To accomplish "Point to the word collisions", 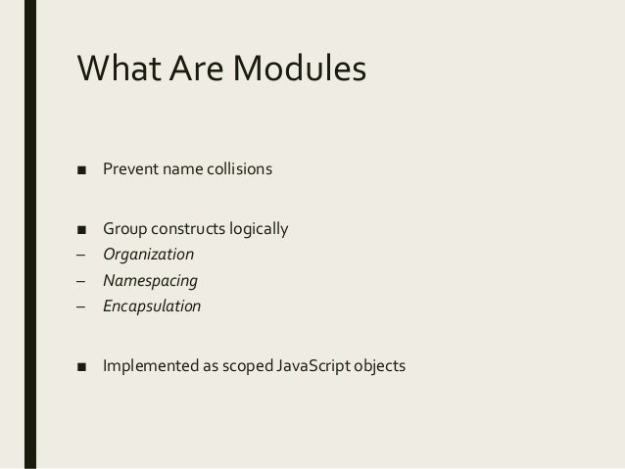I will coord(238,171).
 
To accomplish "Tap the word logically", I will coord(260,230).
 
